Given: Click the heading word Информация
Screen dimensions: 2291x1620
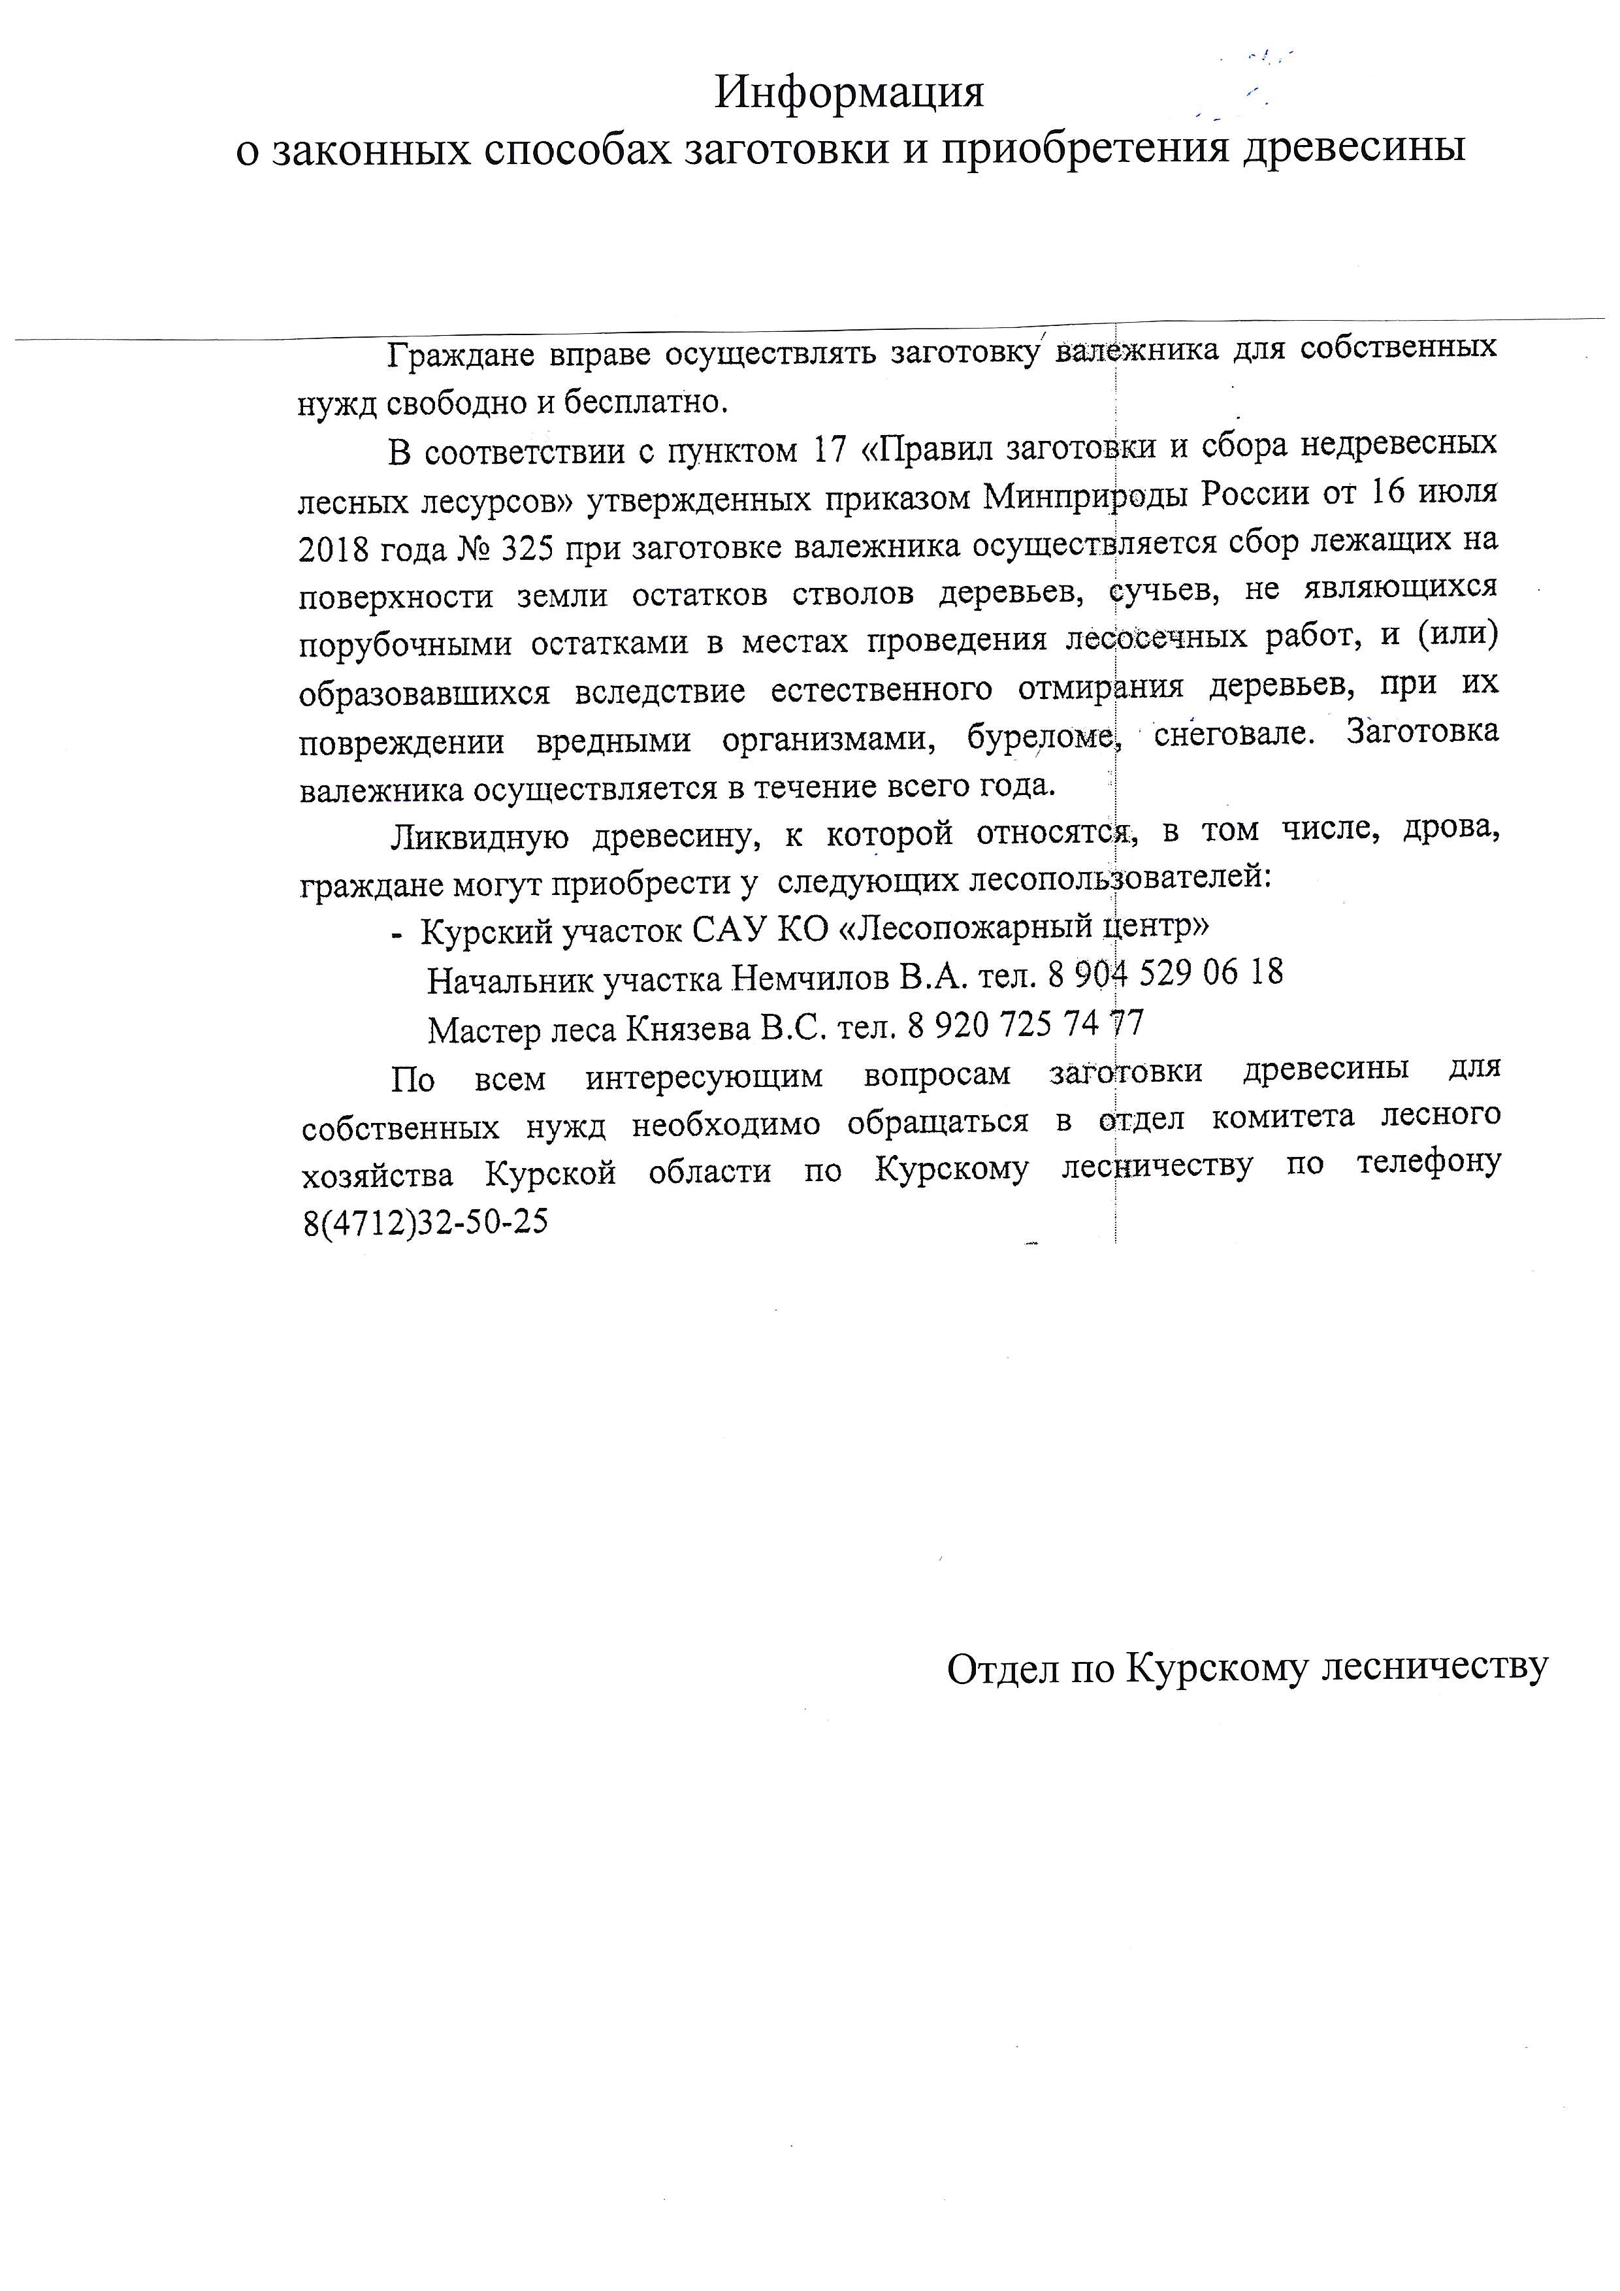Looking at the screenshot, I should [849, 93].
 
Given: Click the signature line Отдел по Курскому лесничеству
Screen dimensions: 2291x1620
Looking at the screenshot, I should [1247, 1666].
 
